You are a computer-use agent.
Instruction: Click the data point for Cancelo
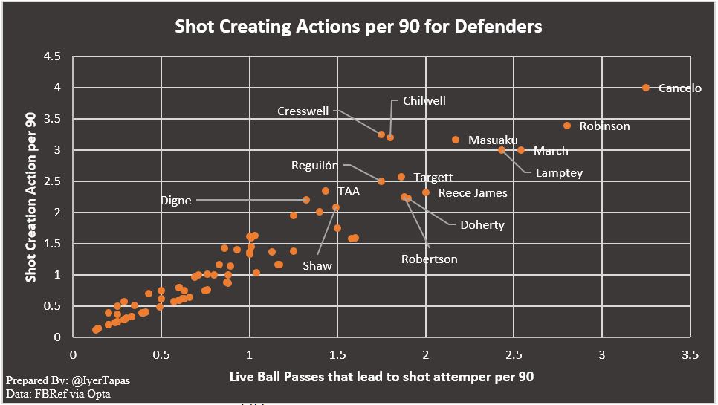645,88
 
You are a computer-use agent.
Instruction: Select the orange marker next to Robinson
567,126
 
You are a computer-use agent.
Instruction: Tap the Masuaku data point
456,140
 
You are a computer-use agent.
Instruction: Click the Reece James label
473,193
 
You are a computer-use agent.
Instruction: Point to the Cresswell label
303,111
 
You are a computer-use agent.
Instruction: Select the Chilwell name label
424,100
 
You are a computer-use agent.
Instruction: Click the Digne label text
175,201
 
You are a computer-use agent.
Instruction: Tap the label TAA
349,192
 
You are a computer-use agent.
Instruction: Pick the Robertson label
429,259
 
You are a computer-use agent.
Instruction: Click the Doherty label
482,225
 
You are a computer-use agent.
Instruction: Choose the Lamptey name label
559,173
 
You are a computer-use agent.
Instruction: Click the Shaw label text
317,265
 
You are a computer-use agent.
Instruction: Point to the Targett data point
401,177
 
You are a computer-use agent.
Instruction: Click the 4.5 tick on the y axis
52,56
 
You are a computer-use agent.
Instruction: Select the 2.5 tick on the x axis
514,354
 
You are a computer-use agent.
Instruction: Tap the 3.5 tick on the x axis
690,354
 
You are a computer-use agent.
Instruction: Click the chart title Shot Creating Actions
358,27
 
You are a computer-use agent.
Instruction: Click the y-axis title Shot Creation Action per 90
30,197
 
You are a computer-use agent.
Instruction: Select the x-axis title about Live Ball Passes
381,377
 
